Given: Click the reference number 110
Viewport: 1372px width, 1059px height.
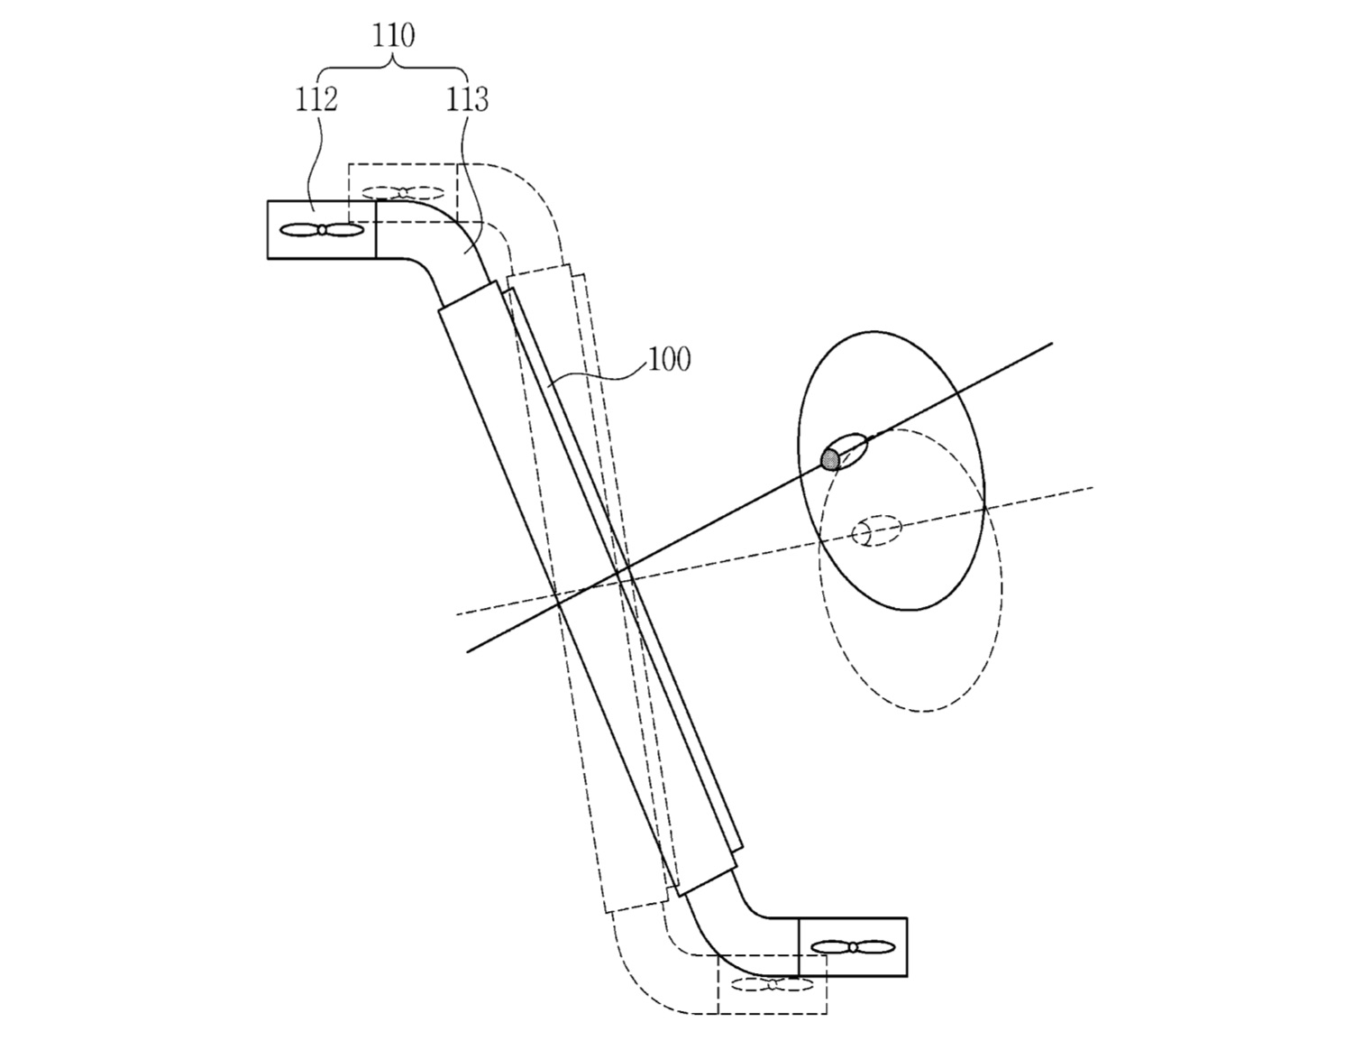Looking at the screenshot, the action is point(393,35).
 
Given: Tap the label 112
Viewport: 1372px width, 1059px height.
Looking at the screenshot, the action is point(316,100).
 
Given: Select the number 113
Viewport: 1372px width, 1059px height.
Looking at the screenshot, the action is point(467,100).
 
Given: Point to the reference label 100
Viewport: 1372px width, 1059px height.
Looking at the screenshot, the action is point(669,359).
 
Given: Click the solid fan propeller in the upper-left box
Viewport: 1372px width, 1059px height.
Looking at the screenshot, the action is point(322,231).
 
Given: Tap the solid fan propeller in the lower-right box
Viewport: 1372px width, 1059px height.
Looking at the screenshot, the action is point(853,946).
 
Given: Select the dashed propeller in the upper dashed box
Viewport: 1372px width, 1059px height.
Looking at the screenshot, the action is point(403,193).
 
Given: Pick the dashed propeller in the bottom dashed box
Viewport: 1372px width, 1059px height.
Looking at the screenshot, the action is point(773,984).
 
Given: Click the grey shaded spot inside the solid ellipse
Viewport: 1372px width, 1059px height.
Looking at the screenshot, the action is point(831,458).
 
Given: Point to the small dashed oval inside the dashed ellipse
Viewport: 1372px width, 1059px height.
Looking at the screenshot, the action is point(876,531).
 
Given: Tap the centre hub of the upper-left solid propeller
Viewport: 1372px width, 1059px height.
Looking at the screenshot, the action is point(322,231).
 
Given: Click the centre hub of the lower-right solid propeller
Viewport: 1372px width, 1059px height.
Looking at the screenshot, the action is point(853,946).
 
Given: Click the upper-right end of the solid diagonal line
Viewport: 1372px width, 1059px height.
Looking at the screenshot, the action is point(1052,344).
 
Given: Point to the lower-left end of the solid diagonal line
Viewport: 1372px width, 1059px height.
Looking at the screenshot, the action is point(467,651).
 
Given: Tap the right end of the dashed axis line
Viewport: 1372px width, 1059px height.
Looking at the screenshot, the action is point(1093,487).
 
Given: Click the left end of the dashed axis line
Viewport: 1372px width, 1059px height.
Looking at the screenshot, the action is point(456,613).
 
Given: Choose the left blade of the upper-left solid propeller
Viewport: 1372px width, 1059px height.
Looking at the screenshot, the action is point(298,231).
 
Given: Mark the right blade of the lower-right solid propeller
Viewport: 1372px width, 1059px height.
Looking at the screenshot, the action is point(875,946).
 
